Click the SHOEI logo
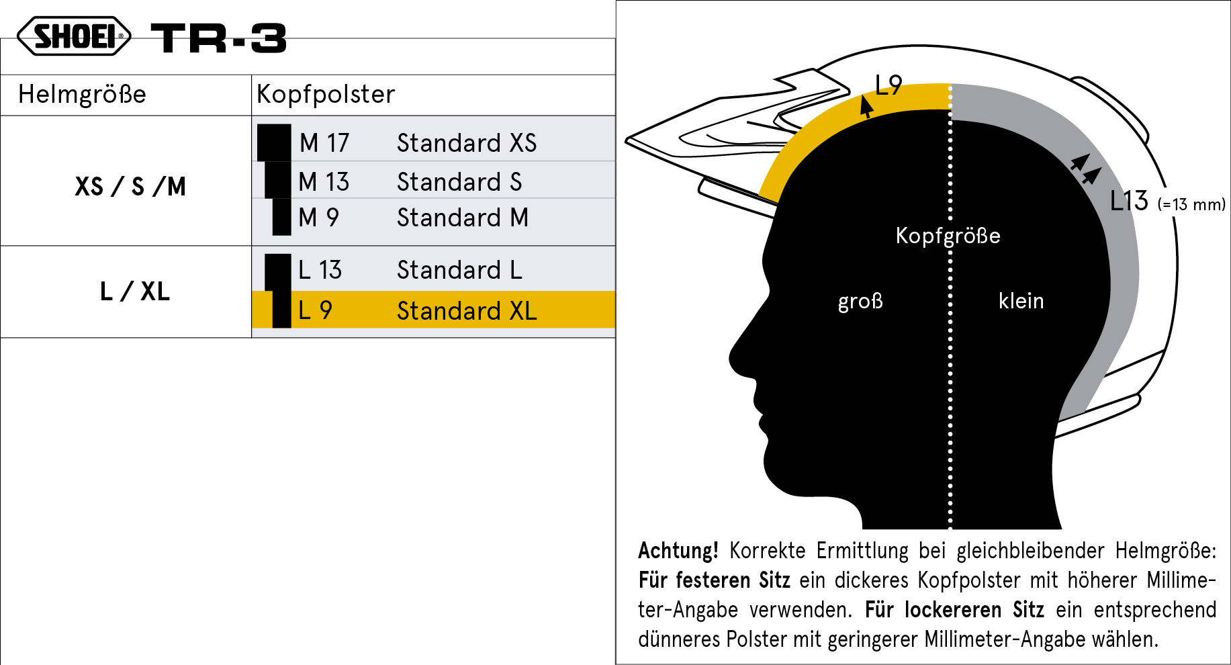tap(74, 36)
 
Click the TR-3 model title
tap(219, 38)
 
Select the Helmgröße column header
tap(82, 94)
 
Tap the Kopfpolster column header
tap(326, 95)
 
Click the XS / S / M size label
tap(130, 186)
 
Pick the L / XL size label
tap(135, 292)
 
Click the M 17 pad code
tap(324, 143)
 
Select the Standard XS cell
tap(467, 143)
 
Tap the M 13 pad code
tap(324, 182)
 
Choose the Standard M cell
tap(463, 218)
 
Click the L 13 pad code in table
tap(320, 270)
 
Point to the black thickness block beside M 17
tap(274, 142)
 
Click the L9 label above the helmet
tap(888, 85)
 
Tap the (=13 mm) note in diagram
tap(1191, 204)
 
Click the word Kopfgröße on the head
tap(948, 236)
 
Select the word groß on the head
tap(860, 301)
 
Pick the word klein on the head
tap(1021, 301)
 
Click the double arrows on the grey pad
tap(1085, 169)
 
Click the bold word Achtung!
tap(678, 551)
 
